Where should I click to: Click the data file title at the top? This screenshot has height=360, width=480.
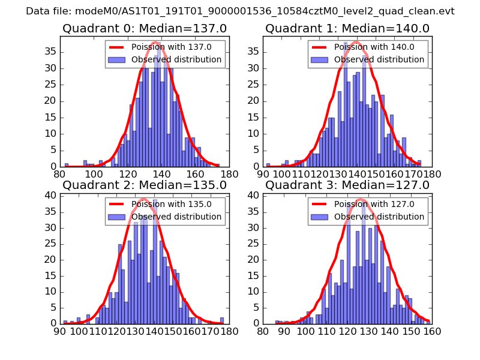[240, 11]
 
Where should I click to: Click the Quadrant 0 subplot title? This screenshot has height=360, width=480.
[144, 28]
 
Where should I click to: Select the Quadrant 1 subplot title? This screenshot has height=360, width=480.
[347, 28]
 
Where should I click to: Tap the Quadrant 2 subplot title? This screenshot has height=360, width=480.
[144, 185]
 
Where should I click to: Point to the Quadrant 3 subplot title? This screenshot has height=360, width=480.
[347, 185]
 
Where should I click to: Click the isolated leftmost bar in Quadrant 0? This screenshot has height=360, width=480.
[67, 165]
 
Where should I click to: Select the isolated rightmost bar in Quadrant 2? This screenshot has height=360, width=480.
[222, 320]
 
